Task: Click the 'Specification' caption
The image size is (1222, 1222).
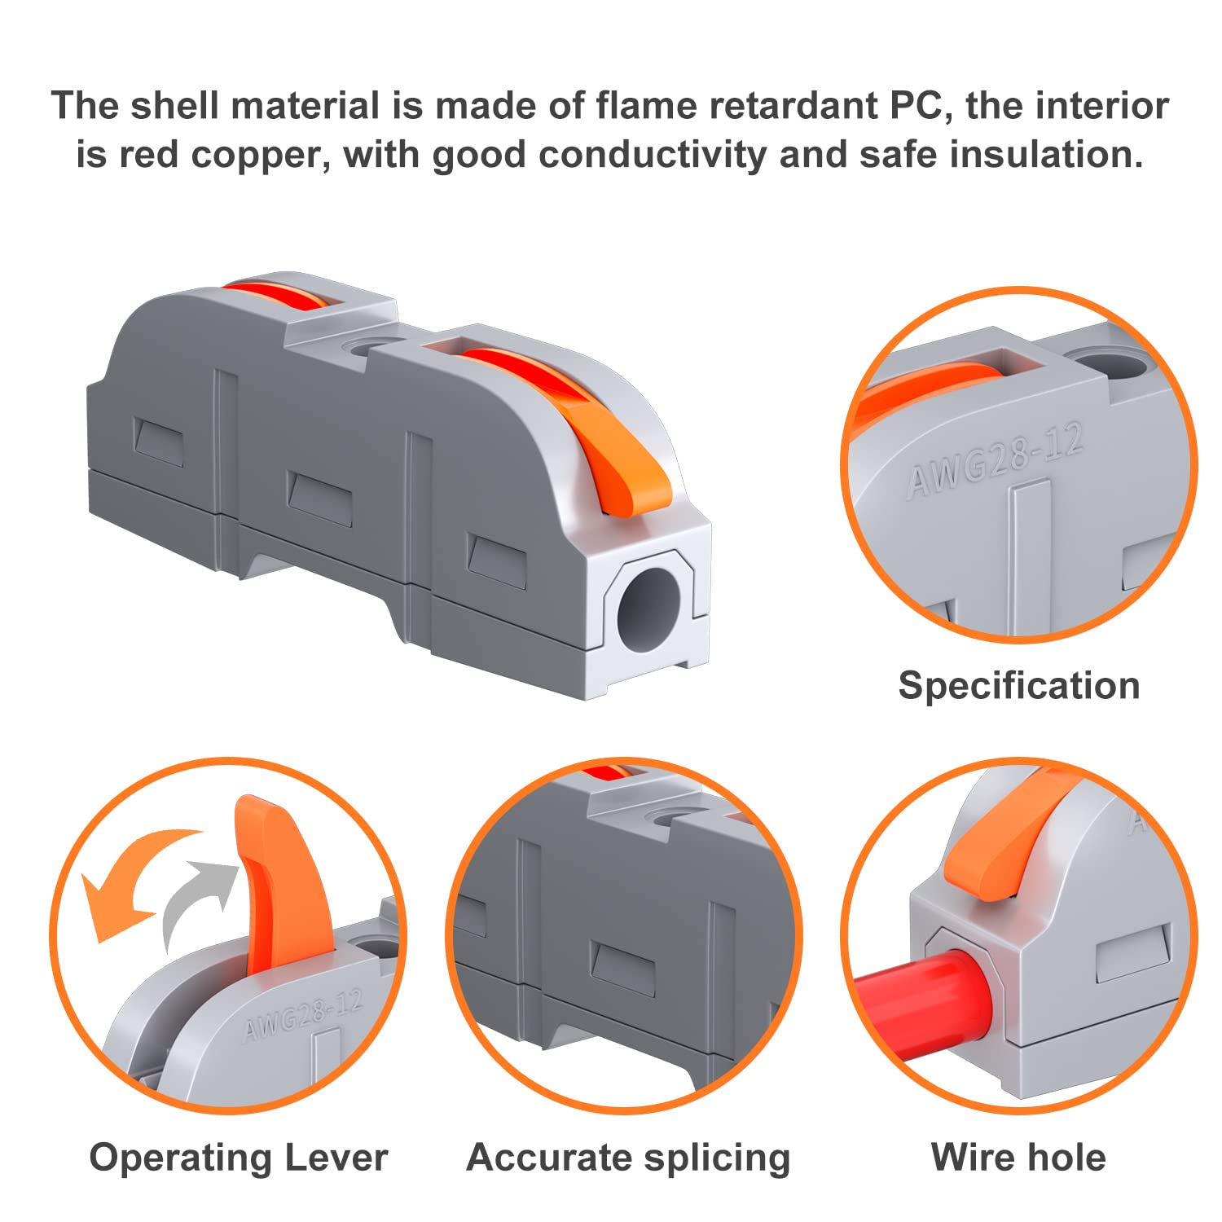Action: (x=1018, y=685)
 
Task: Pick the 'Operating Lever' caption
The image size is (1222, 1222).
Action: (x=238, y=1157)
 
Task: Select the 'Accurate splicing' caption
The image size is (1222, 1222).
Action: (x=628, y=1157)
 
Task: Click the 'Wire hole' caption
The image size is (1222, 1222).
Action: (x=1018, y=1157)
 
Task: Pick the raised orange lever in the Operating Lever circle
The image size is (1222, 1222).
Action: (x=277, y=880)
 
